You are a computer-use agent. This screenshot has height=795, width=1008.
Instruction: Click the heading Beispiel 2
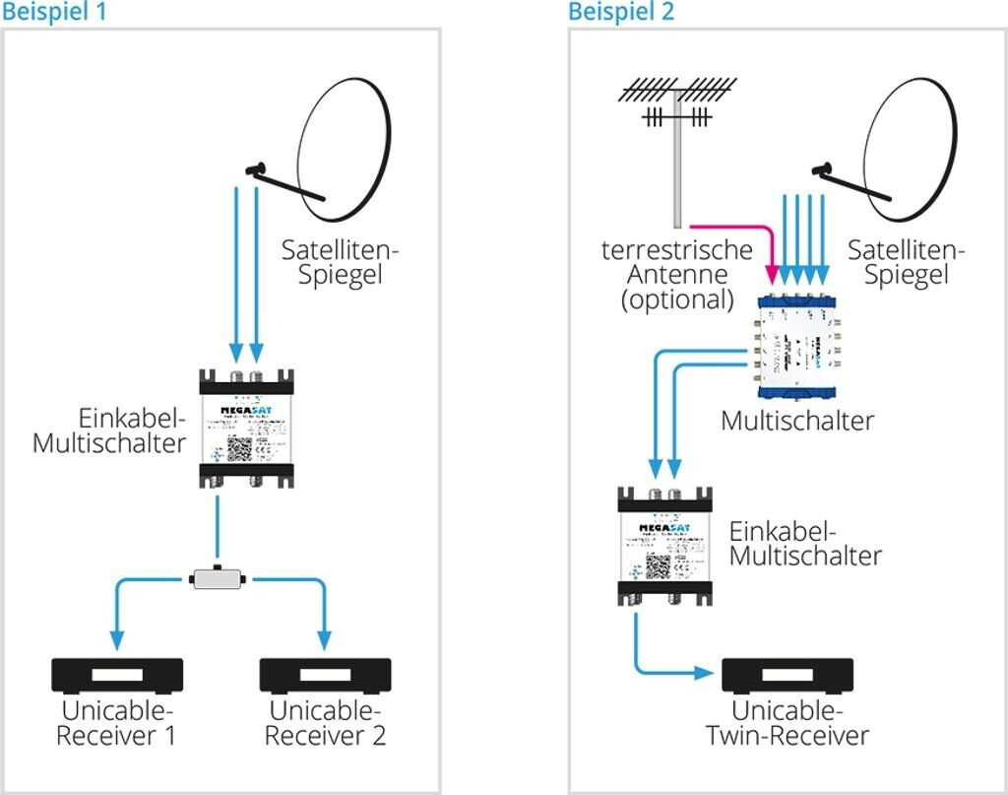pos(621,12)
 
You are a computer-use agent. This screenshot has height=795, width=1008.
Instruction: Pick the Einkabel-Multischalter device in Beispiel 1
pos(245,428)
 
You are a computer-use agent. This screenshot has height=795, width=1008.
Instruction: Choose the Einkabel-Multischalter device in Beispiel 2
pos(664,544)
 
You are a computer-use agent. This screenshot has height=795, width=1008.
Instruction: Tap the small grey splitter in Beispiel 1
pos(218,577)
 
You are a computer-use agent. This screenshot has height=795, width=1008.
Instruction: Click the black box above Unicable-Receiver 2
pos(325,676)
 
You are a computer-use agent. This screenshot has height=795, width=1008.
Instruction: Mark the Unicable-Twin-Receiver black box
pos(787,676)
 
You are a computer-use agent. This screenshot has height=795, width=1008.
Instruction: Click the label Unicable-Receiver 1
pos(117,723)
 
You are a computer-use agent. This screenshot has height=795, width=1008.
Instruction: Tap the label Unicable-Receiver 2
pos(326,723)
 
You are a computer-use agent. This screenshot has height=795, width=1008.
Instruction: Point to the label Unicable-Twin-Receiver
pos(787,723)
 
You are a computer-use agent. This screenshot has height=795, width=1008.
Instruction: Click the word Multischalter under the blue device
pos(797,421)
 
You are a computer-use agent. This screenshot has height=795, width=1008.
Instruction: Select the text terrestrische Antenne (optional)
pos(677,275)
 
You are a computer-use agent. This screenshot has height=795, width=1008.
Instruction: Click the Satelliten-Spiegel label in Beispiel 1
pos(340,262)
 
